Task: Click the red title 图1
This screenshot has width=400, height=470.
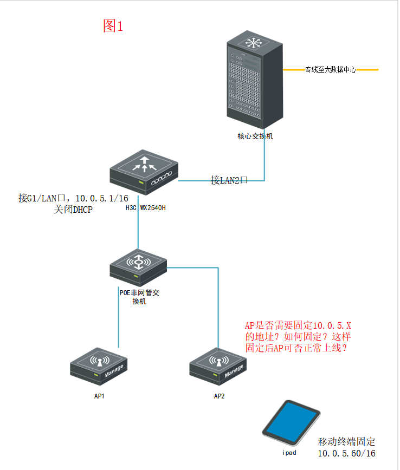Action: [x=113, y=26]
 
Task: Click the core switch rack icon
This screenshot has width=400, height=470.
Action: [x=255, y=78]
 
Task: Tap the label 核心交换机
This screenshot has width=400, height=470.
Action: [x=255, y=136]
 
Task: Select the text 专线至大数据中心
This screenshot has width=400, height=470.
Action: [x=330, y=70]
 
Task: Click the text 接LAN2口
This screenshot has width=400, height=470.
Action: [x=229, y=180]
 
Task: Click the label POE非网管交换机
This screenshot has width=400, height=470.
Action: [x=139, y=297]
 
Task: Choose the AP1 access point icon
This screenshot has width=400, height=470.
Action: [x=99, y=366]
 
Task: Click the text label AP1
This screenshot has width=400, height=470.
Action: [x=99, y=396]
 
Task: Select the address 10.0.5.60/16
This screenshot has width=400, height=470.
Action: [x=346, y=453]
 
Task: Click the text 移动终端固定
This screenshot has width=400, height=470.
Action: [x=346, y=441]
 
